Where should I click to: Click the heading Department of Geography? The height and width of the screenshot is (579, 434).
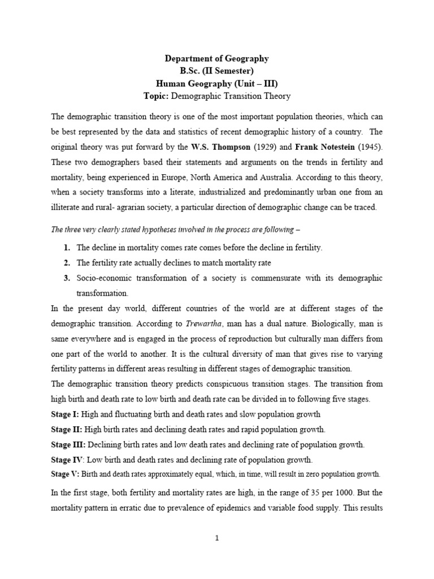click(217, 58)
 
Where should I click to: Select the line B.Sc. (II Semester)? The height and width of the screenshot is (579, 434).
click(217, 71)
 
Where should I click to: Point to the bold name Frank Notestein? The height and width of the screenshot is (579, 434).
click(318, 146)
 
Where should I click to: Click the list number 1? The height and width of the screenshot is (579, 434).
click(67, 248)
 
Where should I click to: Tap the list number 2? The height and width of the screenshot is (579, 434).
click(67, 263)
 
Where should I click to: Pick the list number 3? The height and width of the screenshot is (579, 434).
click(67, 278)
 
